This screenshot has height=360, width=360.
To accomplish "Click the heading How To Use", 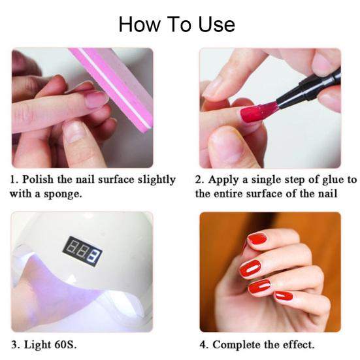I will tap(176, 25).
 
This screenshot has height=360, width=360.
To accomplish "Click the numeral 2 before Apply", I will tap(199, 180).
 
